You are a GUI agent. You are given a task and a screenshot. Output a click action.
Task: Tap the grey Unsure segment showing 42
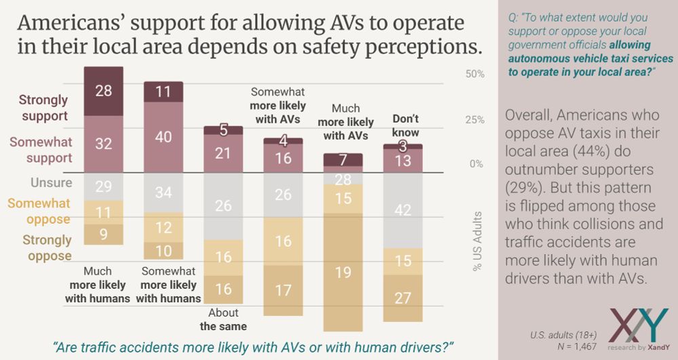tap(403, 210)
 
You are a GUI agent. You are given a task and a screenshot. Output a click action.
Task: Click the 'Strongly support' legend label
tap(43, 108)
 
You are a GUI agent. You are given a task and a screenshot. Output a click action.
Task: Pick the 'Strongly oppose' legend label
tap(47, 247)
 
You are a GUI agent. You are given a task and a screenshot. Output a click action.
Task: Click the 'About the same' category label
tap(223, 319)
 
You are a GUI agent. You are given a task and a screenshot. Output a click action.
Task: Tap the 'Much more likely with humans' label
tap(98, 285)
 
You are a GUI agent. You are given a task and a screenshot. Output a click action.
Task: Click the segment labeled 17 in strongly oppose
tap(283, 289)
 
